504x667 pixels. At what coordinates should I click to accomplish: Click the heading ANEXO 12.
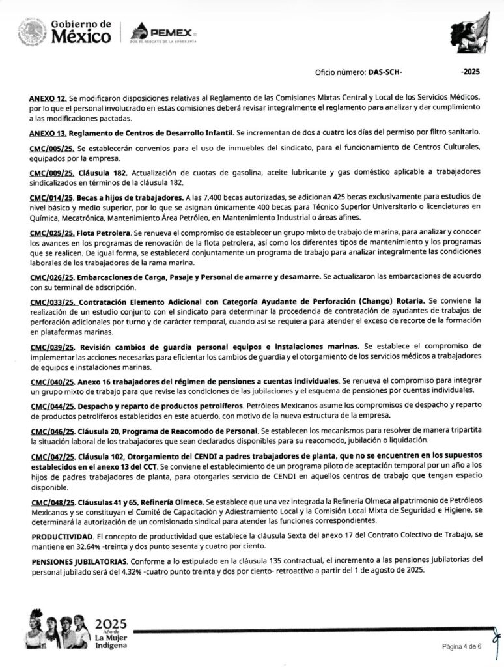click(x=48, y=97)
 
